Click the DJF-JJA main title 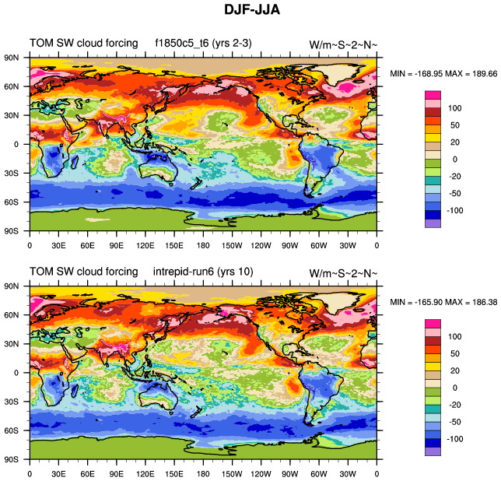(250, 11)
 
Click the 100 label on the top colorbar (454, 107)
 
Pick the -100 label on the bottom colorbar (454, 438)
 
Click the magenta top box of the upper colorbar (432, 95)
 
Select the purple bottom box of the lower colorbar (432, 451)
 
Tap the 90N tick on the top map (11, 58)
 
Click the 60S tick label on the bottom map (11, 430)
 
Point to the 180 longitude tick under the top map (204, 246)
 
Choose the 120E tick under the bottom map (145, 474)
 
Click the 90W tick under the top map (291, 246)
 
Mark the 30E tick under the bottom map (58, 474)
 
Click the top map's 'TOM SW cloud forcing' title (83, 42)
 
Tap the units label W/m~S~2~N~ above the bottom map (343, 272)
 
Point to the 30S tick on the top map (11, 173)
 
